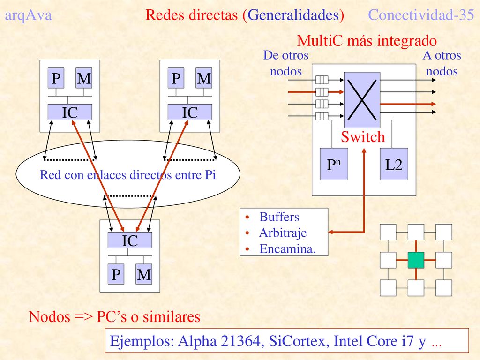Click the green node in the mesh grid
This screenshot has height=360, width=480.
tap(416, 260)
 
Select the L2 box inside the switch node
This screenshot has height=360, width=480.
tap(394, 164)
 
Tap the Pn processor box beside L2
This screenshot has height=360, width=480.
tap(334, 164)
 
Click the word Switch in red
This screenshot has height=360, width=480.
tap(363, 136)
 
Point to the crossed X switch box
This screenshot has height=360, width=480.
tap(362, 100)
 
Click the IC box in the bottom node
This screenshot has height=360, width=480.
tap(130, 240)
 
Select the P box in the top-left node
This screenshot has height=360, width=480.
tap(56, 78)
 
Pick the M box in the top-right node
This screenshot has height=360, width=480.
tap(204, 78)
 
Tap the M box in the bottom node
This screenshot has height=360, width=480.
tap(144, 274)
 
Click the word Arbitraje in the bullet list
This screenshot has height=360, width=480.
tap(283, 232)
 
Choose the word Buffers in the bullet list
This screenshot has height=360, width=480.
tap(279, 217)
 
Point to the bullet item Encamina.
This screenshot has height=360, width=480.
tap(287, 248)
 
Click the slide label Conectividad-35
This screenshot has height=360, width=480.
tap(421, 15)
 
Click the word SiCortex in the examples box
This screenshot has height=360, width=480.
tap(297, 341)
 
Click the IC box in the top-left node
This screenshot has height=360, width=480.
tap(70, 112)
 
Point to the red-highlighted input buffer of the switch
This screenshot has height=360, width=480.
tap(322, 92)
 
